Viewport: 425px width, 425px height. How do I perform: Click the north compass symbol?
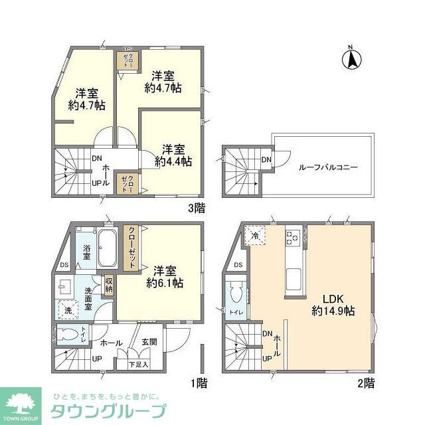(351, 59)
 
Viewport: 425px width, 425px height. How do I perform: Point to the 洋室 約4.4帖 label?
(173, 155)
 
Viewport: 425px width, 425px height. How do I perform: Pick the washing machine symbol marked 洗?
(68, 310)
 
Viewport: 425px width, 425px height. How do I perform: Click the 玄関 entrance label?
(149, 343)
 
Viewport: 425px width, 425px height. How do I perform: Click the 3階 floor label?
(197, 209)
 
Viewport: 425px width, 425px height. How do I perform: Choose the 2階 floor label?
(365, 382)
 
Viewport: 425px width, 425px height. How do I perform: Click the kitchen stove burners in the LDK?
(293, 236)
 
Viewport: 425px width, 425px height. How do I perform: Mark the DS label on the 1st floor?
(64, 266)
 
